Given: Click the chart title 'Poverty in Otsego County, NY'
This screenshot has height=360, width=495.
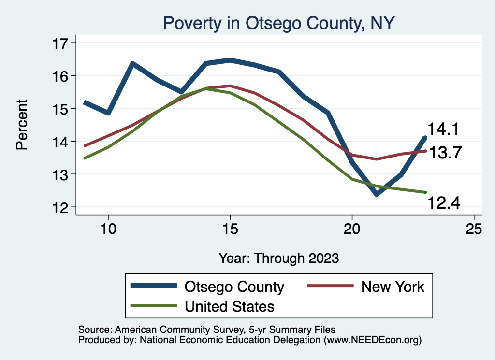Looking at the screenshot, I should tap(279, 23).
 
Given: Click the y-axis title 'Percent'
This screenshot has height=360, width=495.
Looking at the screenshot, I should tap(22, 124).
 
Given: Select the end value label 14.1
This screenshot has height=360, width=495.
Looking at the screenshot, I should tap(442, 130).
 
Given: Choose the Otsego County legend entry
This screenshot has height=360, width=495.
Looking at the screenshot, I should tap(208, 287).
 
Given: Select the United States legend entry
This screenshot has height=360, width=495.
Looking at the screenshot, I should tap(203, 306).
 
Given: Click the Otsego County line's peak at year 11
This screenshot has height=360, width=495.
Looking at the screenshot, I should tap(132, 64).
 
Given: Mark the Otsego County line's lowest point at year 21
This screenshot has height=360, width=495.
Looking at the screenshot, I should tap(376, 194).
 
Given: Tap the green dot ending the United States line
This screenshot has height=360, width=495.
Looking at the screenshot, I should tap(425, 192).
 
